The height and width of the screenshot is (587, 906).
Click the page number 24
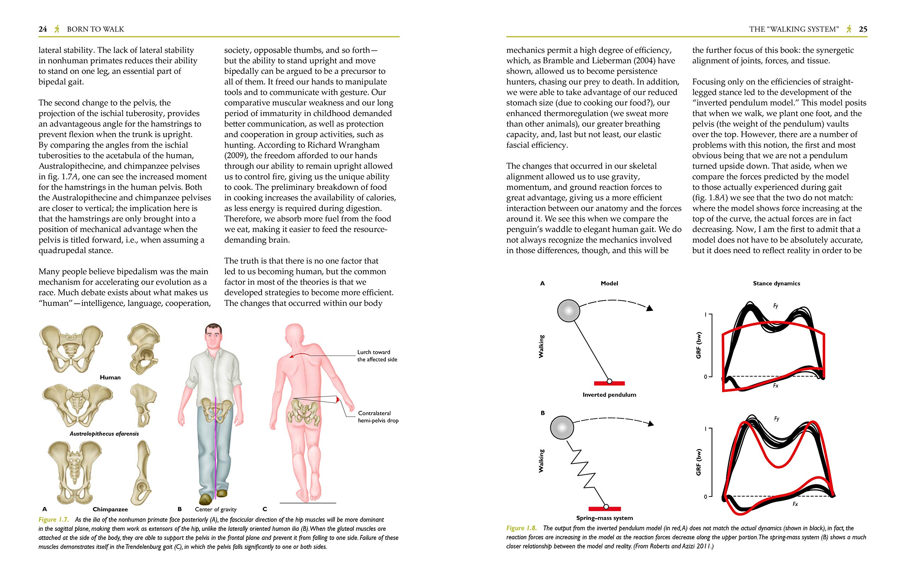pos(42,29)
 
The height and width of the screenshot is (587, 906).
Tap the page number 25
pos(863,29)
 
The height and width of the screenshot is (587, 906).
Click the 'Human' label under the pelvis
pos(110,377)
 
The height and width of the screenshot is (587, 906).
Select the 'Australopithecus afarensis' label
pos(104,434)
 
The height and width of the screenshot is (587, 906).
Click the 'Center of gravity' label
pos(216,510)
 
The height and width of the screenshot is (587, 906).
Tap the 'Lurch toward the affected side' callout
pos(377,356)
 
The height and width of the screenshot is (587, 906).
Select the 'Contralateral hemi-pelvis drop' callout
pos(378,417)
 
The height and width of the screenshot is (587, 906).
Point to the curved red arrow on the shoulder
pos(299,355)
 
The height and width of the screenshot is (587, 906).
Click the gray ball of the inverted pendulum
pos(568,311)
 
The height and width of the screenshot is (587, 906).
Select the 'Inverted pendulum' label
pos(609,395)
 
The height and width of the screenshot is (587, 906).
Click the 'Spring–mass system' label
pos(604,518)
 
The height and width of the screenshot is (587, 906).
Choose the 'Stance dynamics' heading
pos(776,283)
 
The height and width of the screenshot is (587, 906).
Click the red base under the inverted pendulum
pos(609,383)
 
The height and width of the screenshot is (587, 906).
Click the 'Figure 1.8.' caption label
pos(521,528)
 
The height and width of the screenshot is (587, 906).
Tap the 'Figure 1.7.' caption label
pos(53,520)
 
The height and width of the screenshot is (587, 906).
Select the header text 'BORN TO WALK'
pos(95,29)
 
